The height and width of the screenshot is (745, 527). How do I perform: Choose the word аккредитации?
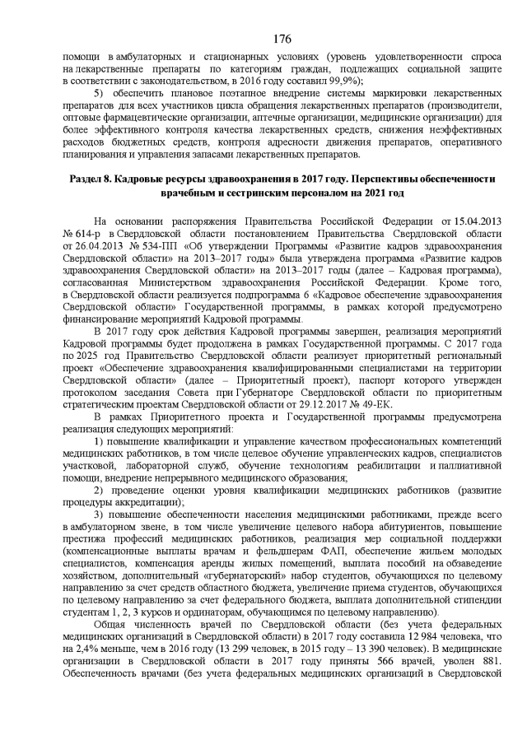click(146, 503)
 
